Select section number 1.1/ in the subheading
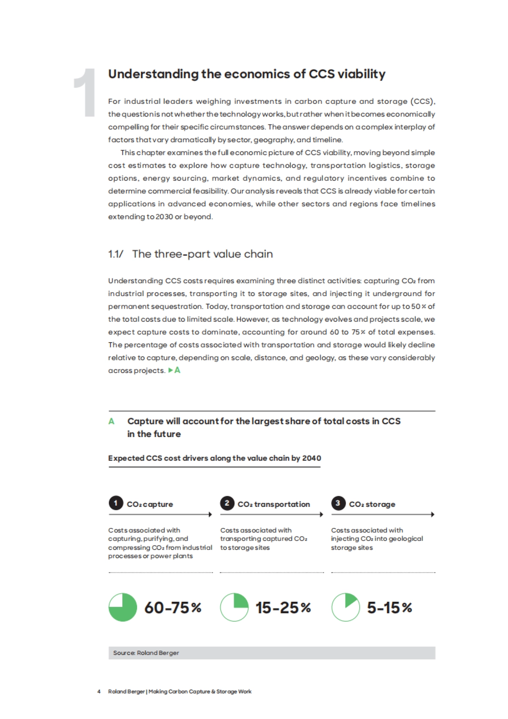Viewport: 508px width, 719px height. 116,254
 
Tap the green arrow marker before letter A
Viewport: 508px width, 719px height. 171,370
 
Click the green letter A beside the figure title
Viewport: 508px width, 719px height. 111,421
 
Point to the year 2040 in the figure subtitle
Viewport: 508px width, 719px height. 312,458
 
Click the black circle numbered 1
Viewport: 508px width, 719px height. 116,503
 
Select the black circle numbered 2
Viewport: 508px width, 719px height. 227,503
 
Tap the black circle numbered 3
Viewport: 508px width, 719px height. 338,503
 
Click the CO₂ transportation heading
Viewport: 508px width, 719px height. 273,504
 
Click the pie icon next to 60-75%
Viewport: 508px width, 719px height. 123,607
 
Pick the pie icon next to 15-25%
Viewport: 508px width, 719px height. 234,607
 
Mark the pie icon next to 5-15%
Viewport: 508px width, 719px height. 345,607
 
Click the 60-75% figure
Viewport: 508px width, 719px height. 173,608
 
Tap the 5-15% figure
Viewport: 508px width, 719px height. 389,608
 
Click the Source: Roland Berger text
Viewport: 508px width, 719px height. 146,653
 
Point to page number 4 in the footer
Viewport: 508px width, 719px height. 99,691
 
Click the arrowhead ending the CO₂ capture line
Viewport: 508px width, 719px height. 210,514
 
